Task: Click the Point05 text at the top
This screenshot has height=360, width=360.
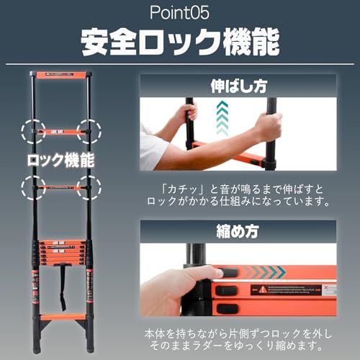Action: point(179,14)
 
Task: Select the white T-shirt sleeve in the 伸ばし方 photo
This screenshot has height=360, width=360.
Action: point(153,148)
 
